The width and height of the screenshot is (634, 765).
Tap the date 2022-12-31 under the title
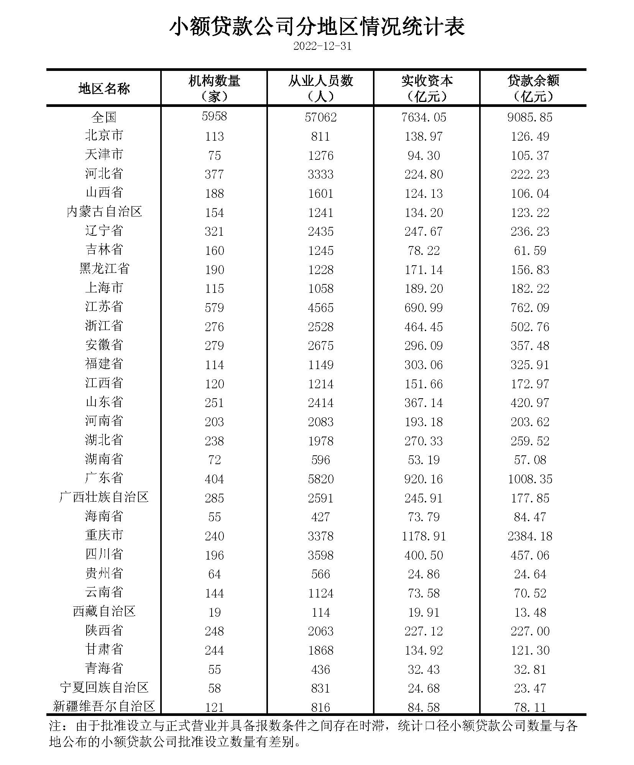(322, 46)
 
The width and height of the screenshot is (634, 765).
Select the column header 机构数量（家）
(214, 88)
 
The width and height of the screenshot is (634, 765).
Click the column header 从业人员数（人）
(320, 88)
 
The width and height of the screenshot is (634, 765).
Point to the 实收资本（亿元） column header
(427, 88)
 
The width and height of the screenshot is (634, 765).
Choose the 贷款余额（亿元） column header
(533, 88)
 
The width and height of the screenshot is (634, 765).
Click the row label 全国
(104, 117)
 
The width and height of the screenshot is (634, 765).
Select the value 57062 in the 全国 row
(320, 117)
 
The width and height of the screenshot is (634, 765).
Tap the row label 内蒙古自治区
(104, 212)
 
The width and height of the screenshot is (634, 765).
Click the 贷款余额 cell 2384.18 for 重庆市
(530, 536)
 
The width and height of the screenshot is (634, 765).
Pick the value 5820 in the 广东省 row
(320, 479)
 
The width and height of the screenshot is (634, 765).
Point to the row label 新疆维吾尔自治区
(104, 706)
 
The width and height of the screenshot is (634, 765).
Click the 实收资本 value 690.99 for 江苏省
(424, 307)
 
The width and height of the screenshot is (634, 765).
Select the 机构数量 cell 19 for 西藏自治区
(214, 612)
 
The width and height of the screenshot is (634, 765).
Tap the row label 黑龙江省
(104, 269)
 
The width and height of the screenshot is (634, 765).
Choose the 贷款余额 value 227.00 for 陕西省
(530, 631)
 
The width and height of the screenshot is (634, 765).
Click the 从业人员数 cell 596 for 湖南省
(320, 460)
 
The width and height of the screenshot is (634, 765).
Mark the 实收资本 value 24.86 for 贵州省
(424, 574)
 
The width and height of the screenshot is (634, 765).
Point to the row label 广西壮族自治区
(104, 497)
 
